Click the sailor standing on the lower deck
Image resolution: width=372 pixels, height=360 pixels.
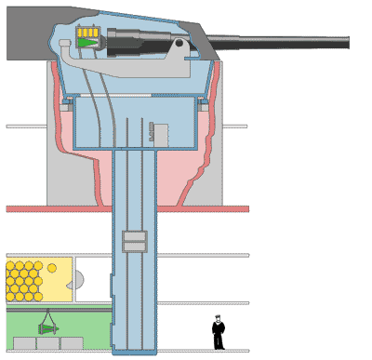(218, 332)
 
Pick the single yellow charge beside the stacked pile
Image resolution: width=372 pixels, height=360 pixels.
(52, 268)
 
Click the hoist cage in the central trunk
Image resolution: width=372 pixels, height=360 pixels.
(136, 241)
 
